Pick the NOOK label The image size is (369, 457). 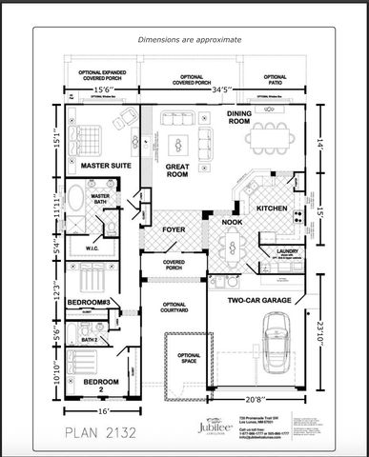click(233, 223)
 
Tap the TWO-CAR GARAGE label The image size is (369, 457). click(260, 301)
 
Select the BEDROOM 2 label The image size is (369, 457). click(100, 386)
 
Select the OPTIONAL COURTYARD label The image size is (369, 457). click(174, 308)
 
